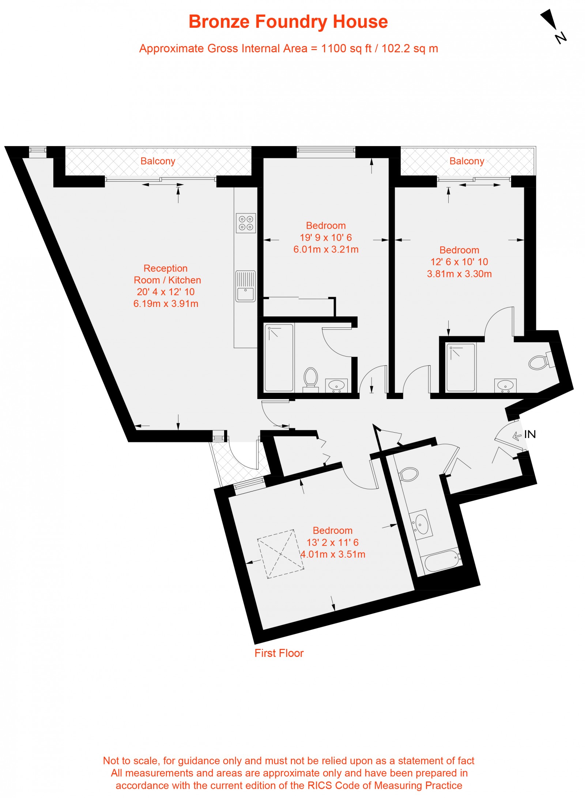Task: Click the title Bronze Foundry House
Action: point(288,22)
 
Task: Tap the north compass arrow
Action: point(550,19)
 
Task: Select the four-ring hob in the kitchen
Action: point(246,223)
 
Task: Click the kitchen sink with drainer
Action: point(245,286)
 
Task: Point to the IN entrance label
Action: point(529,434)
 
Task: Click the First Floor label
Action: point(279,653)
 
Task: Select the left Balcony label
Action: point(158,161)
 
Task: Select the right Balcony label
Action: point(467,161)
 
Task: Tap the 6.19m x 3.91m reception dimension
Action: point(166,304)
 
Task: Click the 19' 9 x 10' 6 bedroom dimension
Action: point(325,237)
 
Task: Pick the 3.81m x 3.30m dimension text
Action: point(459,274)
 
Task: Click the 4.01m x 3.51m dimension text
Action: point(333,554)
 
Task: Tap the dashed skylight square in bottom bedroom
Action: point(280,554)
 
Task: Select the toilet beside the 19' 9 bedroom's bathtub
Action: point(311,377)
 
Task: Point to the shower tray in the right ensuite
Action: point(461,367)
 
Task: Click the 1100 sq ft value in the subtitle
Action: point(346,49)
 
